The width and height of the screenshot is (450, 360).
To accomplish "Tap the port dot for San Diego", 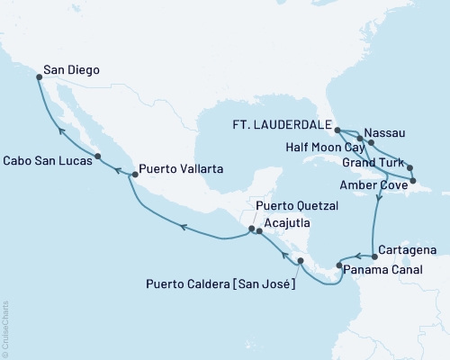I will point(39,77).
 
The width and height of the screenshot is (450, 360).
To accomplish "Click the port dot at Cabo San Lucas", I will point(98,157).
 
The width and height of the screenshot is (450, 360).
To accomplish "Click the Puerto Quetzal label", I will point(296,205).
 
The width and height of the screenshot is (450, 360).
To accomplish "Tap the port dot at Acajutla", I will point(258,231).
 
